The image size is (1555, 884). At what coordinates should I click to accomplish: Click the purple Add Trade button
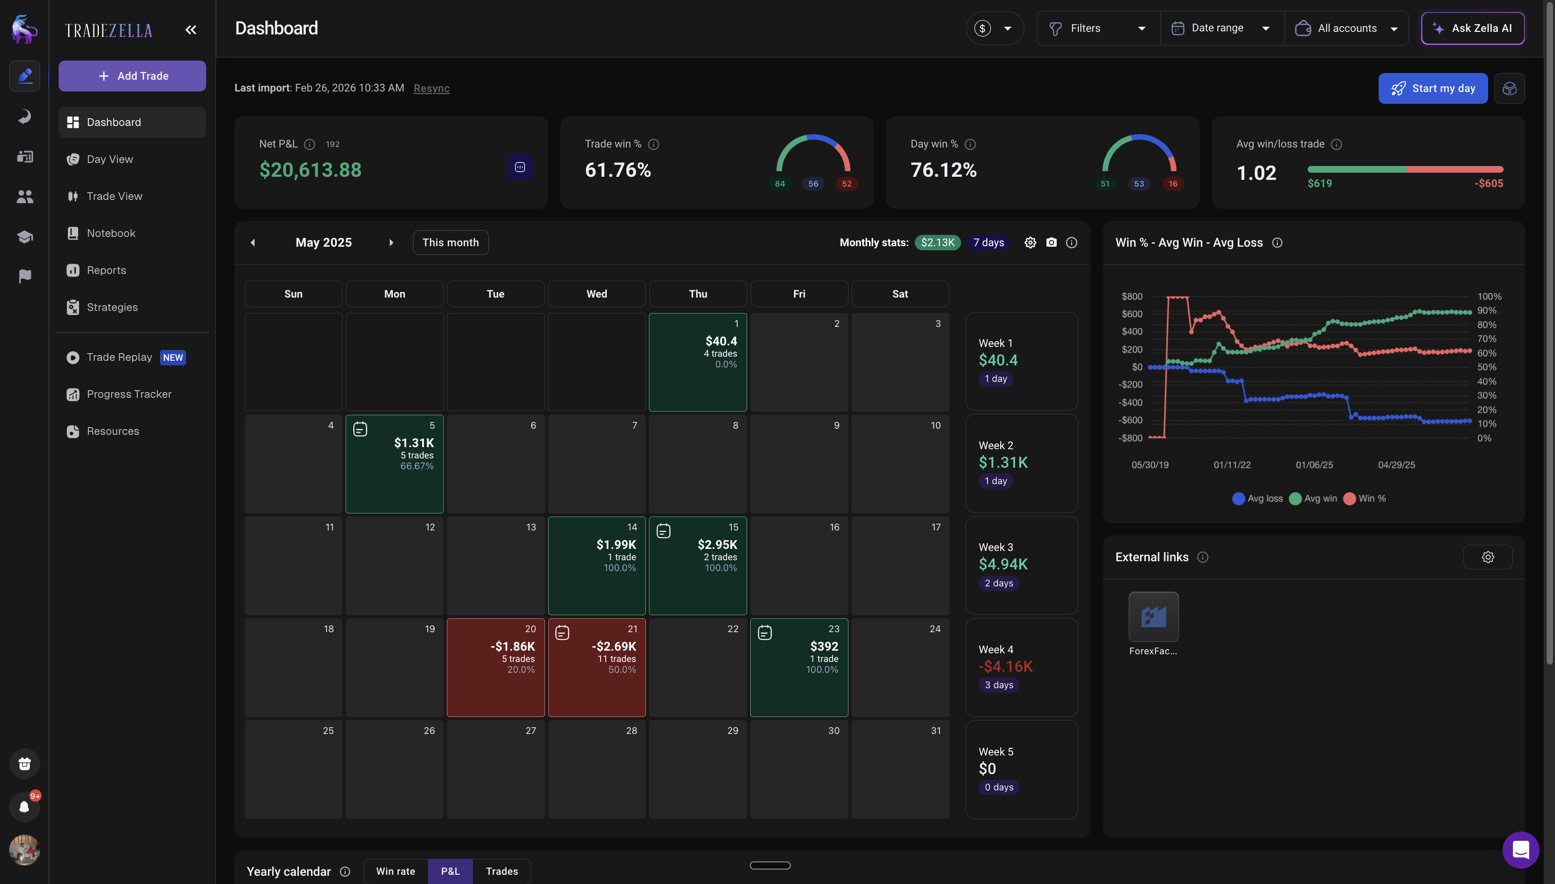132,76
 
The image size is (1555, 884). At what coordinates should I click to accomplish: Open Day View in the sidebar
110,159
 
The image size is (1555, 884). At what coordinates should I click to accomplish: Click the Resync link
431,88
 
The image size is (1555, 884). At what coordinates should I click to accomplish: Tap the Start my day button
1432,88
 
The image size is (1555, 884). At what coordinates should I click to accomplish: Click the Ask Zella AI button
1472,29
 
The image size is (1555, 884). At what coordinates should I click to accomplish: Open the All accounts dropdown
1346,29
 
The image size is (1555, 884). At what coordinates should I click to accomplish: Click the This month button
450,242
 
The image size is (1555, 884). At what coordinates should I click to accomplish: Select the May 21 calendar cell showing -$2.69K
596,667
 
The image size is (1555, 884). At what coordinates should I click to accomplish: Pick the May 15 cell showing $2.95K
697,565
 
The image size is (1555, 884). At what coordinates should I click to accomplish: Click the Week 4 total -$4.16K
1005,666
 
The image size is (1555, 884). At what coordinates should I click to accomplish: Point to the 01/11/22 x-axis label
1232,465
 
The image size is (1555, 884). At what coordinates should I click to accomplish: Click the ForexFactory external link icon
1153,617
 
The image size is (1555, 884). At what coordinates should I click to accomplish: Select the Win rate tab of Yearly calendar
395,871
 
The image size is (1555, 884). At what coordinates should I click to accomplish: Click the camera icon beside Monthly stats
1052,242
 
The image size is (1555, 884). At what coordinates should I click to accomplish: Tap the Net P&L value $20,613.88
311,170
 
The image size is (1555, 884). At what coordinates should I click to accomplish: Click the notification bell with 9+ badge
24,806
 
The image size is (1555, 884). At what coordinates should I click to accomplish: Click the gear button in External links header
1487,557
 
